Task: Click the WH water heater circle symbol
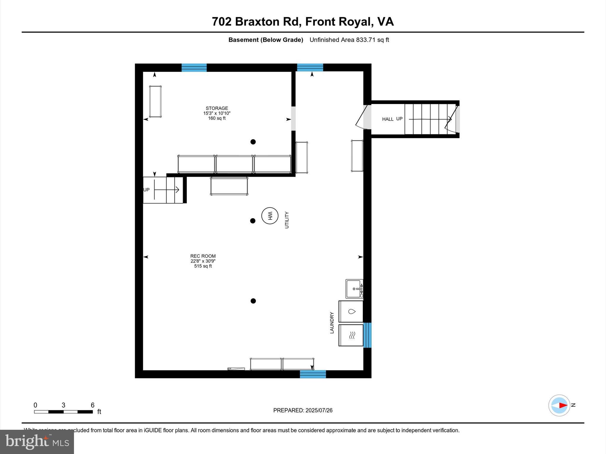pos(270,216)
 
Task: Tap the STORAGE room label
pos(217,108)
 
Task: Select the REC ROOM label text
pos(203,256)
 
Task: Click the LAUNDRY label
pos(332,323)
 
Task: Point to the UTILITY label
pos(286,220)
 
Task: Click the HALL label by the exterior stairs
pos(388,119)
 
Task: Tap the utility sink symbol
pos(354,289)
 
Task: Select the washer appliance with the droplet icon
pos(351,312)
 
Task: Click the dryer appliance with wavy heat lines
pos(351,335)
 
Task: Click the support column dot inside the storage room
pos(253,142)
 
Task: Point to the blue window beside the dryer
pos(367,335)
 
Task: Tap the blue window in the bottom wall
pos(313,374)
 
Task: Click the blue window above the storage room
pos(194,68)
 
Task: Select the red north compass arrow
pos(563,406)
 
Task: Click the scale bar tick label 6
pos(92,405)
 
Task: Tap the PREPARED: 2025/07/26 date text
pos(303,410)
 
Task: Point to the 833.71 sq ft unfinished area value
pos(372,40)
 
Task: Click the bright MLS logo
pos(37,442)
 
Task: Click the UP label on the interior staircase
pos(146,190)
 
